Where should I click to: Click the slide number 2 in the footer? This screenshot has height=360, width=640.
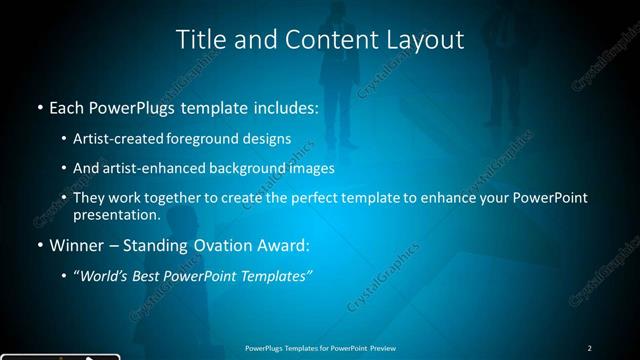coord(589,348)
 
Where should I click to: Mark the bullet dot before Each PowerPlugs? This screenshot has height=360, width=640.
coord(39,106)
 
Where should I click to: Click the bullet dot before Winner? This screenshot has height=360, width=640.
coord(39,246)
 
